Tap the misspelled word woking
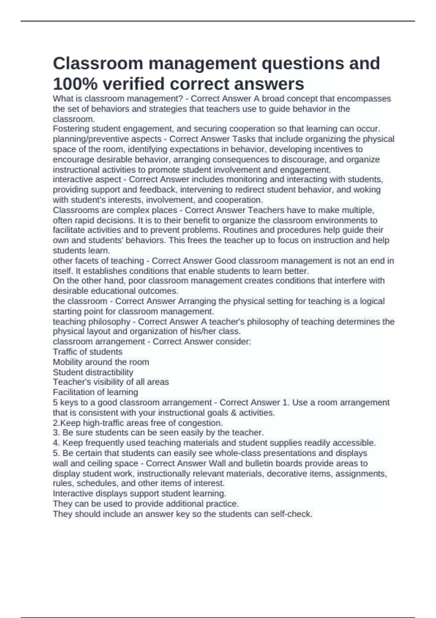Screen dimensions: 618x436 (x=368, y=190)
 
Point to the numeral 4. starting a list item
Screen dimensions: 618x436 (x=56, y=443)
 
